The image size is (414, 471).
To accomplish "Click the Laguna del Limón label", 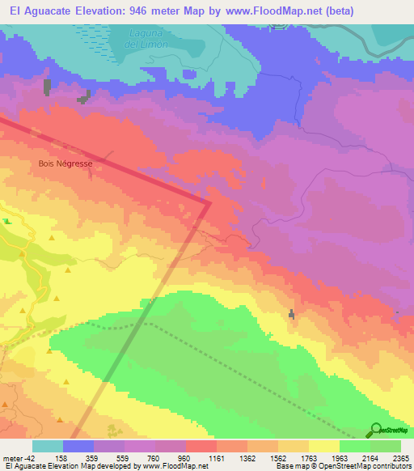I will tap(150, 38).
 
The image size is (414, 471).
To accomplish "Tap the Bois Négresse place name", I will tap(66, 163).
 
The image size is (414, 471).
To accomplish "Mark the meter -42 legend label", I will tap(17, 458).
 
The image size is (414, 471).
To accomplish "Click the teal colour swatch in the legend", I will tap(48, 446).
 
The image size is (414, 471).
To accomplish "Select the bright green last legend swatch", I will tap(386, 446).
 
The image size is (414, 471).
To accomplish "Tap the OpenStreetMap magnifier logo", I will tap(375, 430).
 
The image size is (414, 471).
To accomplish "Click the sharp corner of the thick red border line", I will tap(210, 203).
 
